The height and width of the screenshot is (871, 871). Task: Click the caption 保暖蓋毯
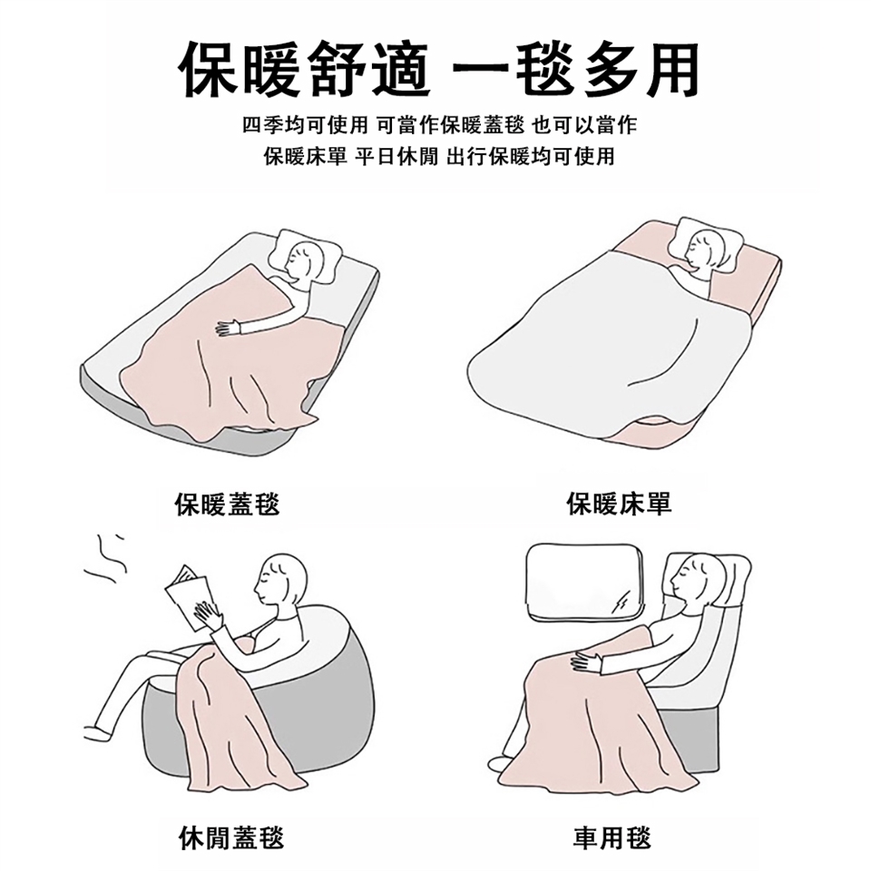tap(227, 504)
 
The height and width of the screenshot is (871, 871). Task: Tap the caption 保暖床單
tap(620, 504)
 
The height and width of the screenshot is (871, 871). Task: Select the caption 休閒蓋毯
tap(231, 837)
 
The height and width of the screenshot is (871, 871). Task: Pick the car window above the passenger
tap(585, 582)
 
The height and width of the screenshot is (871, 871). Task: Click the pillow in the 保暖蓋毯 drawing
tap(305, 257)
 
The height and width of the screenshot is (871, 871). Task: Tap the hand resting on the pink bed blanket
tap(229, 328)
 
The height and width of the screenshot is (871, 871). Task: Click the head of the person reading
tap(280, 581)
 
